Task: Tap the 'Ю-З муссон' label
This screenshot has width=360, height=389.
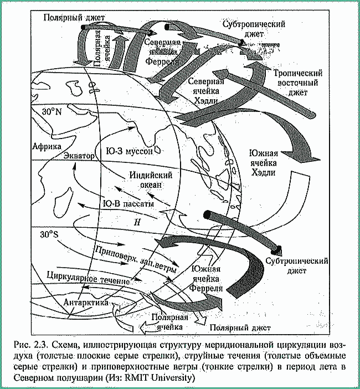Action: pyautogui.click(x=133, y=150)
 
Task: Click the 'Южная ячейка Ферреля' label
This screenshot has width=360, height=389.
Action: pyautogui.click(x=206, y=279)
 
